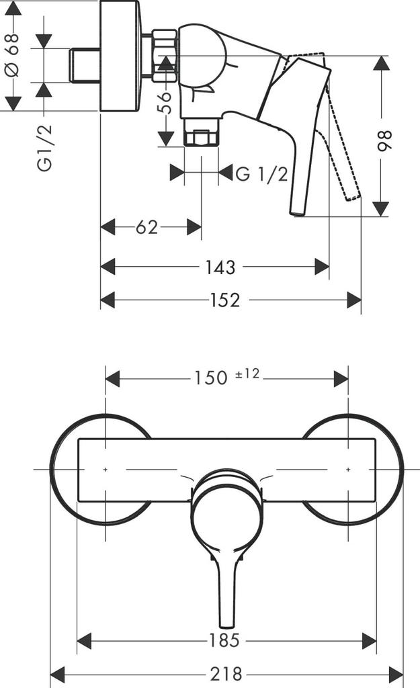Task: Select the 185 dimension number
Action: click(225, 641)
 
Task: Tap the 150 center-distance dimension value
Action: click(211, 378)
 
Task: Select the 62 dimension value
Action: click(146, 227)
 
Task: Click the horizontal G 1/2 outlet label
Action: click(261, 174)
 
